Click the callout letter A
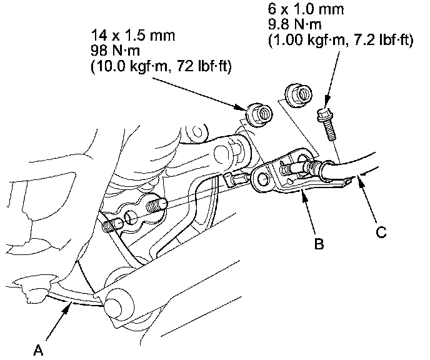(x=39, y=350)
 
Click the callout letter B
(x=319, y=243)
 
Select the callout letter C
(x=381, y=232)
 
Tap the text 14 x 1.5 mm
(x=132, y=36)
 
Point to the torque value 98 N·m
(x=116, y=51)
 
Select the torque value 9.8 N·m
(x=294, y=24)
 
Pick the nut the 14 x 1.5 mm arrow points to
(x=259, y=114)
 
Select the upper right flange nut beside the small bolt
(x=298, y=96)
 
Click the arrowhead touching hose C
(x=361, y=181)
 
